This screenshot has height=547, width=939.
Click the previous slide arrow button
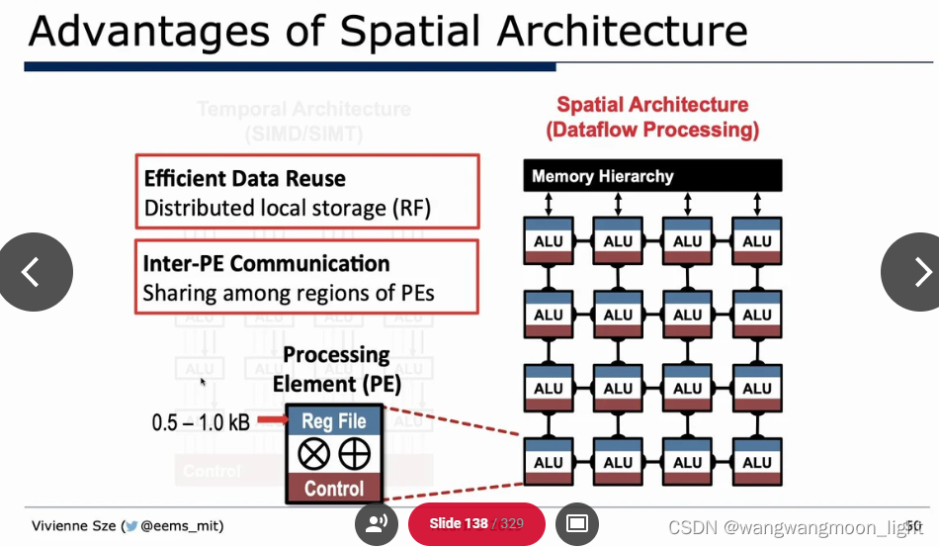tap(33, 272)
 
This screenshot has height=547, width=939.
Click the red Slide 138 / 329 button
tap(476, 523)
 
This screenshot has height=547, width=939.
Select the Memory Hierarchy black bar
tap(652, 176)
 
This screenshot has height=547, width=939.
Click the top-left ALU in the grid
tap(549, 241)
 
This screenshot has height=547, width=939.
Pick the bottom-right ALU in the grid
tap(757, 462)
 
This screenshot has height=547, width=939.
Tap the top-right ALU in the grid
tap(757, 241)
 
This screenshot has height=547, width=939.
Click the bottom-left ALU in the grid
tap(549, 462)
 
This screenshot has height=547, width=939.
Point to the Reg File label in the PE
tap(334, 420)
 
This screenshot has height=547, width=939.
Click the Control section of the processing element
tap(334, 488)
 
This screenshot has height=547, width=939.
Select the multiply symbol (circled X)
tap(314, 454)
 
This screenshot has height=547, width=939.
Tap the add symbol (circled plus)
tap(355, 454)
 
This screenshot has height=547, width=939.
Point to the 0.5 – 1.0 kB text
tap(201, 422)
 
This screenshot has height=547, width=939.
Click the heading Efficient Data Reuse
tap(245, 179)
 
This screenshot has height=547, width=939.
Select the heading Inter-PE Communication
tap(266, 264)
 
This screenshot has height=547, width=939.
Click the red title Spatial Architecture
tap(652, 105)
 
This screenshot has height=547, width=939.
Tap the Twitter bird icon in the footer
tap(130, 525)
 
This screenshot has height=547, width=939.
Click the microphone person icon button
tap(376, 523)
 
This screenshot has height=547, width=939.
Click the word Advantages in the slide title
tap(148, 32)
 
